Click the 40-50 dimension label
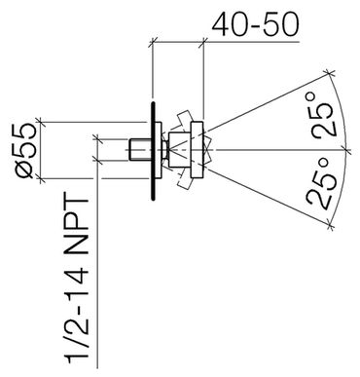coord(255,24)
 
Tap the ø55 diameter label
coord(27,150)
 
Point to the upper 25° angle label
coord(323,114)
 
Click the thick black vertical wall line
coord(153,151)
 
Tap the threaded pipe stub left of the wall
coord(139,150)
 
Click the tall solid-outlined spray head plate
coord(198,150)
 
